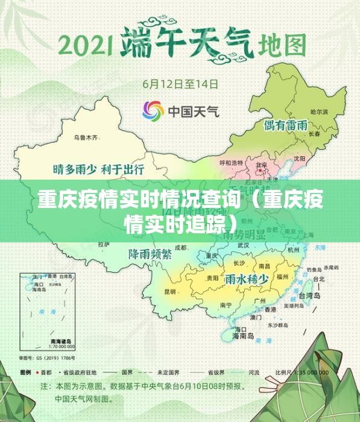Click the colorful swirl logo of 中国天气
click(x=153, y=110)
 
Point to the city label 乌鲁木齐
click(x=85, y=137)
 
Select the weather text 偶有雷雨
click(x=286, y=126)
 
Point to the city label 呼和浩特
click(x=231, y=163)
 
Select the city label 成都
click(x=181, y=247)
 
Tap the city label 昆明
click(x=170, y=291)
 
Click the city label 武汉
click(x=244, y=245)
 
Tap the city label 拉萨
click(x=103, y=244)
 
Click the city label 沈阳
click(x=300, y=159)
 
